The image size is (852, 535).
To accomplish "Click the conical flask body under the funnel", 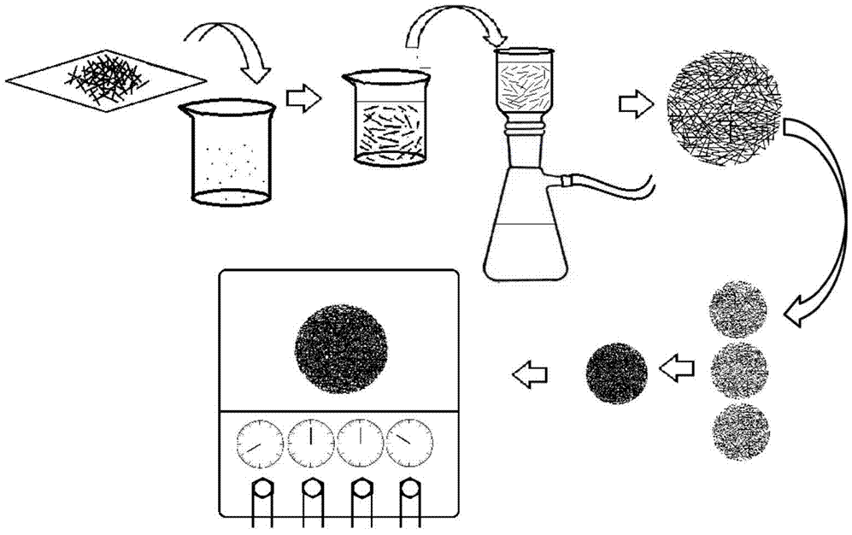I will (526, 231).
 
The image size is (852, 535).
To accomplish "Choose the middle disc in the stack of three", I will (739, 368).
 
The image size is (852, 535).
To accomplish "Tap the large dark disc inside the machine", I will (340, 344).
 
